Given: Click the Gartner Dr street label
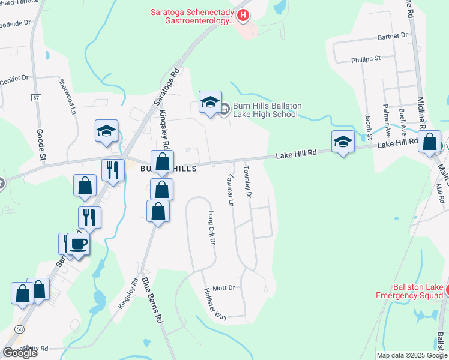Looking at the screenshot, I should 393,36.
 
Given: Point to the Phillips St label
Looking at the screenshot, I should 366,58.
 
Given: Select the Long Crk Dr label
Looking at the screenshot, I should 211,227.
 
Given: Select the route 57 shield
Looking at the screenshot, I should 37,97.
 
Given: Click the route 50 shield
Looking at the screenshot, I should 20,329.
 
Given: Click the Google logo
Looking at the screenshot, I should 19,352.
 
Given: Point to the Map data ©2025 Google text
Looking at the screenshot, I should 412,355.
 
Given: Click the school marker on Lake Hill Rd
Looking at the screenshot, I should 343,142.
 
